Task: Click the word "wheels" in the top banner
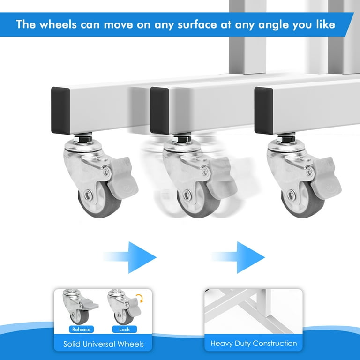click(58, 24)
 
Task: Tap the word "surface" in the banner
click(197, 24)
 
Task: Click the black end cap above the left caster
click(60, 111)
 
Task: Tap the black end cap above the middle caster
click(159, 111)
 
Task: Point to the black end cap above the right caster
click(264, 111)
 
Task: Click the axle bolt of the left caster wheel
click(88, 195)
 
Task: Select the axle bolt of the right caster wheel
click(291, 195)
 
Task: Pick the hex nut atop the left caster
click(82, 139)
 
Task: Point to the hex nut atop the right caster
click(286, 139)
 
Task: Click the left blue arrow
click(130, 257)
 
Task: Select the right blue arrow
click(238, 257)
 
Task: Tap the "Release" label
click(81, 329)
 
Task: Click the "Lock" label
click(124, 329)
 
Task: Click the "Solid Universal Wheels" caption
click(104, 344)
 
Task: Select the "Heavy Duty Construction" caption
click(254, 343)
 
